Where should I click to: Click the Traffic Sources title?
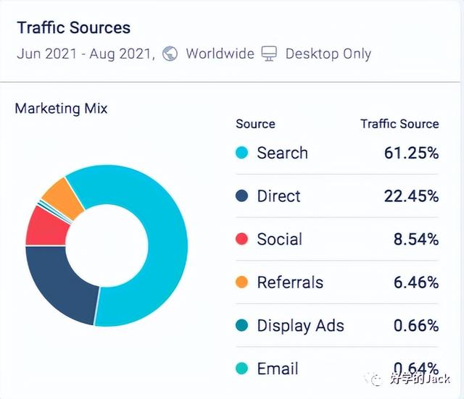coord(73,28)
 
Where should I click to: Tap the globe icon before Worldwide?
coord(170,54)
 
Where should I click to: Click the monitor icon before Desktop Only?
coord(269,54)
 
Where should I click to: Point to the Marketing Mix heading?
coord(61,109)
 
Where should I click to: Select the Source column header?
coord(255,124)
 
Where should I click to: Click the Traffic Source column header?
coord(399,124)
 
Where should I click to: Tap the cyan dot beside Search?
coord(242,153)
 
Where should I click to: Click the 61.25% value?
coord(411,153)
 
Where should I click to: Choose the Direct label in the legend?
coord(278,196)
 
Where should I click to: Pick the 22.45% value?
coord(411,196)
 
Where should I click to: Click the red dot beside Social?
coord(242,240)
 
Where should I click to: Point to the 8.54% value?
coord(415,240)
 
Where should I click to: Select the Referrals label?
coord(290,282)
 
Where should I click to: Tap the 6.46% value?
coord(415,282)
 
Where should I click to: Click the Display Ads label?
coord(300,326)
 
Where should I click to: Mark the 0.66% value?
coord(415,326)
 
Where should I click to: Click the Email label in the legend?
coord(278,369)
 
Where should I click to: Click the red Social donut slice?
coord(45,225)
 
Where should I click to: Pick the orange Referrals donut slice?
coord(59,193)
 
